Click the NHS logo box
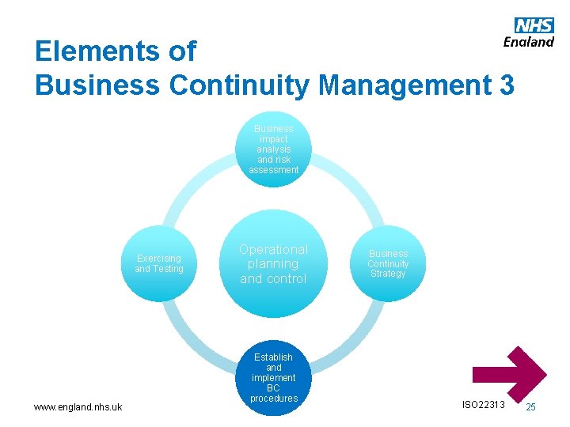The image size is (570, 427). pos(534,26)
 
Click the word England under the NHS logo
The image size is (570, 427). pos(528,42)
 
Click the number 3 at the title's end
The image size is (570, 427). pos(506,85)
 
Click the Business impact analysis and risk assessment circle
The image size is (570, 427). pos(273,149)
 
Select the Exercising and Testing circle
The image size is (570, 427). pos(159,263)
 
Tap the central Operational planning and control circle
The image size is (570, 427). pos(273,263)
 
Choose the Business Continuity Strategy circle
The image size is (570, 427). pos(388,263)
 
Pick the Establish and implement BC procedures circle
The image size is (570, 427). pos(273,378)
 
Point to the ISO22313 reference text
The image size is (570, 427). pos(482,405)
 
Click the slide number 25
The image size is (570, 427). pos(530,406)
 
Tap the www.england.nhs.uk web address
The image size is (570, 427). pos(78,407)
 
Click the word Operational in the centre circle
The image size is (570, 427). pos(273,249)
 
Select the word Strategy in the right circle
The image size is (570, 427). pos(388,274)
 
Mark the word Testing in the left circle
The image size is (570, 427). pos(169,269)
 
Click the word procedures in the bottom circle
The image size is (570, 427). pos(273,399)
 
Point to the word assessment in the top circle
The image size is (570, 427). pos(273,170)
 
